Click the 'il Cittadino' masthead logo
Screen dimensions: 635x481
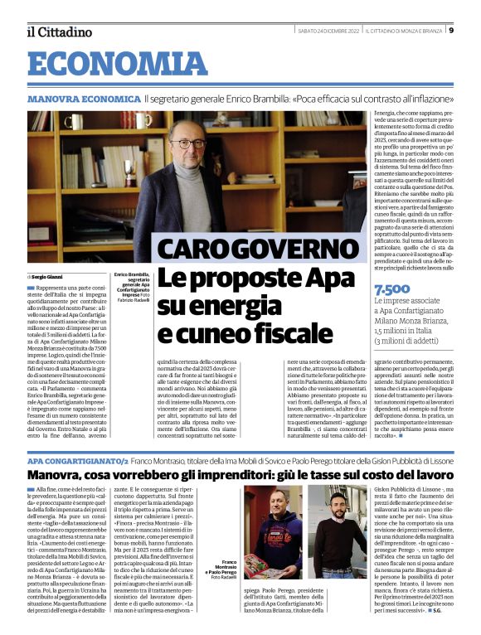pos(59,32)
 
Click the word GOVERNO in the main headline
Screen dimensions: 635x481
pos(285,249)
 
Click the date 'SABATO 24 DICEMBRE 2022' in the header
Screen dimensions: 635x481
pos(333,31)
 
